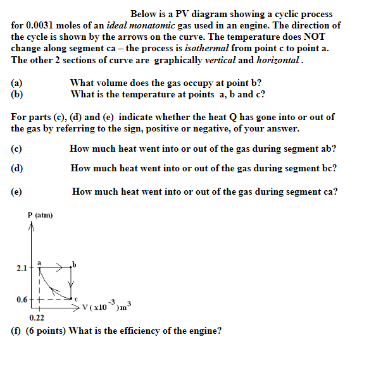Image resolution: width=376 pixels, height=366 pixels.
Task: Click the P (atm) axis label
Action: [41, 216]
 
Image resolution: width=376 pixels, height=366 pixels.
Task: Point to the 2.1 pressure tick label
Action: [22, 268]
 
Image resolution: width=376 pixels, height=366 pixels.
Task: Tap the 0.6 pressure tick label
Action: [22, 300]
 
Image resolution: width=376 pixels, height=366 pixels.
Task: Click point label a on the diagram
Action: [39, 261]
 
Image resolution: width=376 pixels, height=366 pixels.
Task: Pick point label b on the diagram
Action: [74, 264]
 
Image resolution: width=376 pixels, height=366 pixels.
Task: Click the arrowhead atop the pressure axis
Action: [30, 229]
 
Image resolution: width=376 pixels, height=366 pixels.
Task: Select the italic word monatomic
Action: [158, 25]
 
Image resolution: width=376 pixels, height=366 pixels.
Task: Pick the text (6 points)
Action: [45, 330]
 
